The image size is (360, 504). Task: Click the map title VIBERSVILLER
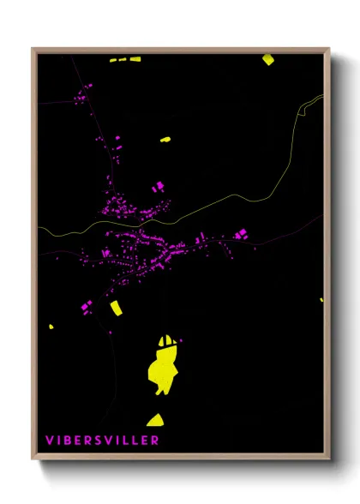pos(102,441)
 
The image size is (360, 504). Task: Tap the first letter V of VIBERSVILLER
pos(50,441)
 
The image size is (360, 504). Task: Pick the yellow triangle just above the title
pos(155,420)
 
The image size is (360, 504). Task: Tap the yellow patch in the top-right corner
pos(267,59)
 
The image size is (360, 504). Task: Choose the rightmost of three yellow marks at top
pos(135,59)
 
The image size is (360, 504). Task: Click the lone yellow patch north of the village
pos(165,138)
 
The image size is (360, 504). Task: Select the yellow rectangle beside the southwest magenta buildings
pos(116,307)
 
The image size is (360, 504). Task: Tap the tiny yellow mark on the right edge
pos(321,300)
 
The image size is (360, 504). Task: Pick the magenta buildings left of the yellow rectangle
pos(86,306)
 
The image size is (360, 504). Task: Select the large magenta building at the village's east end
pos(241,233)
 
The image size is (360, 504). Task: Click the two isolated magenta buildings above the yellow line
pos(157,186)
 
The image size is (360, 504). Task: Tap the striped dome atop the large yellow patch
pos(170,340)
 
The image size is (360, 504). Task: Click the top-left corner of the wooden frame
pos(33,49)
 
